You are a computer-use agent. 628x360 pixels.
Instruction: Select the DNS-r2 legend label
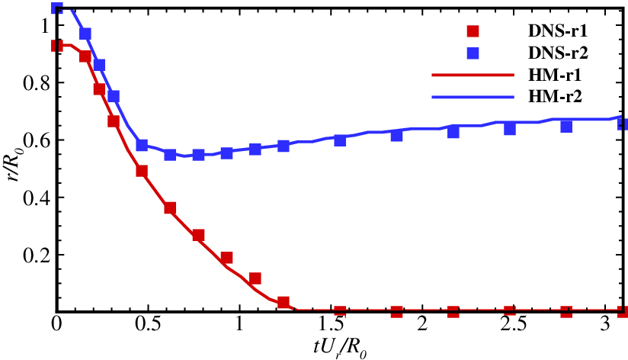[556, 53]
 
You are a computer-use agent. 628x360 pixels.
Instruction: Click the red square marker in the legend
[473, 32]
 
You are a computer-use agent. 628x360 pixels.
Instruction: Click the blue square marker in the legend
[473, 53]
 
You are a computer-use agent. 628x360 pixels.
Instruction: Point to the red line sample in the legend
[463, 76]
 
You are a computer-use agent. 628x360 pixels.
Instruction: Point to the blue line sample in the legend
[463, 97]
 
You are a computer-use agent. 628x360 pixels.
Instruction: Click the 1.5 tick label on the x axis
[331, 325]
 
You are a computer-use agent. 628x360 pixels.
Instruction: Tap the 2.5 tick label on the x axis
[513, 325]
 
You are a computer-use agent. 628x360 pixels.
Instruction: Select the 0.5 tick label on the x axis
[148, 325]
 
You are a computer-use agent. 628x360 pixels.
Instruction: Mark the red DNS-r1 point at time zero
[56, 46]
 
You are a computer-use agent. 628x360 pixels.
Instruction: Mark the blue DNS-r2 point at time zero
[56, 8]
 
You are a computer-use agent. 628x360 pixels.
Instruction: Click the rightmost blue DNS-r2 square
[622, 124]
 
